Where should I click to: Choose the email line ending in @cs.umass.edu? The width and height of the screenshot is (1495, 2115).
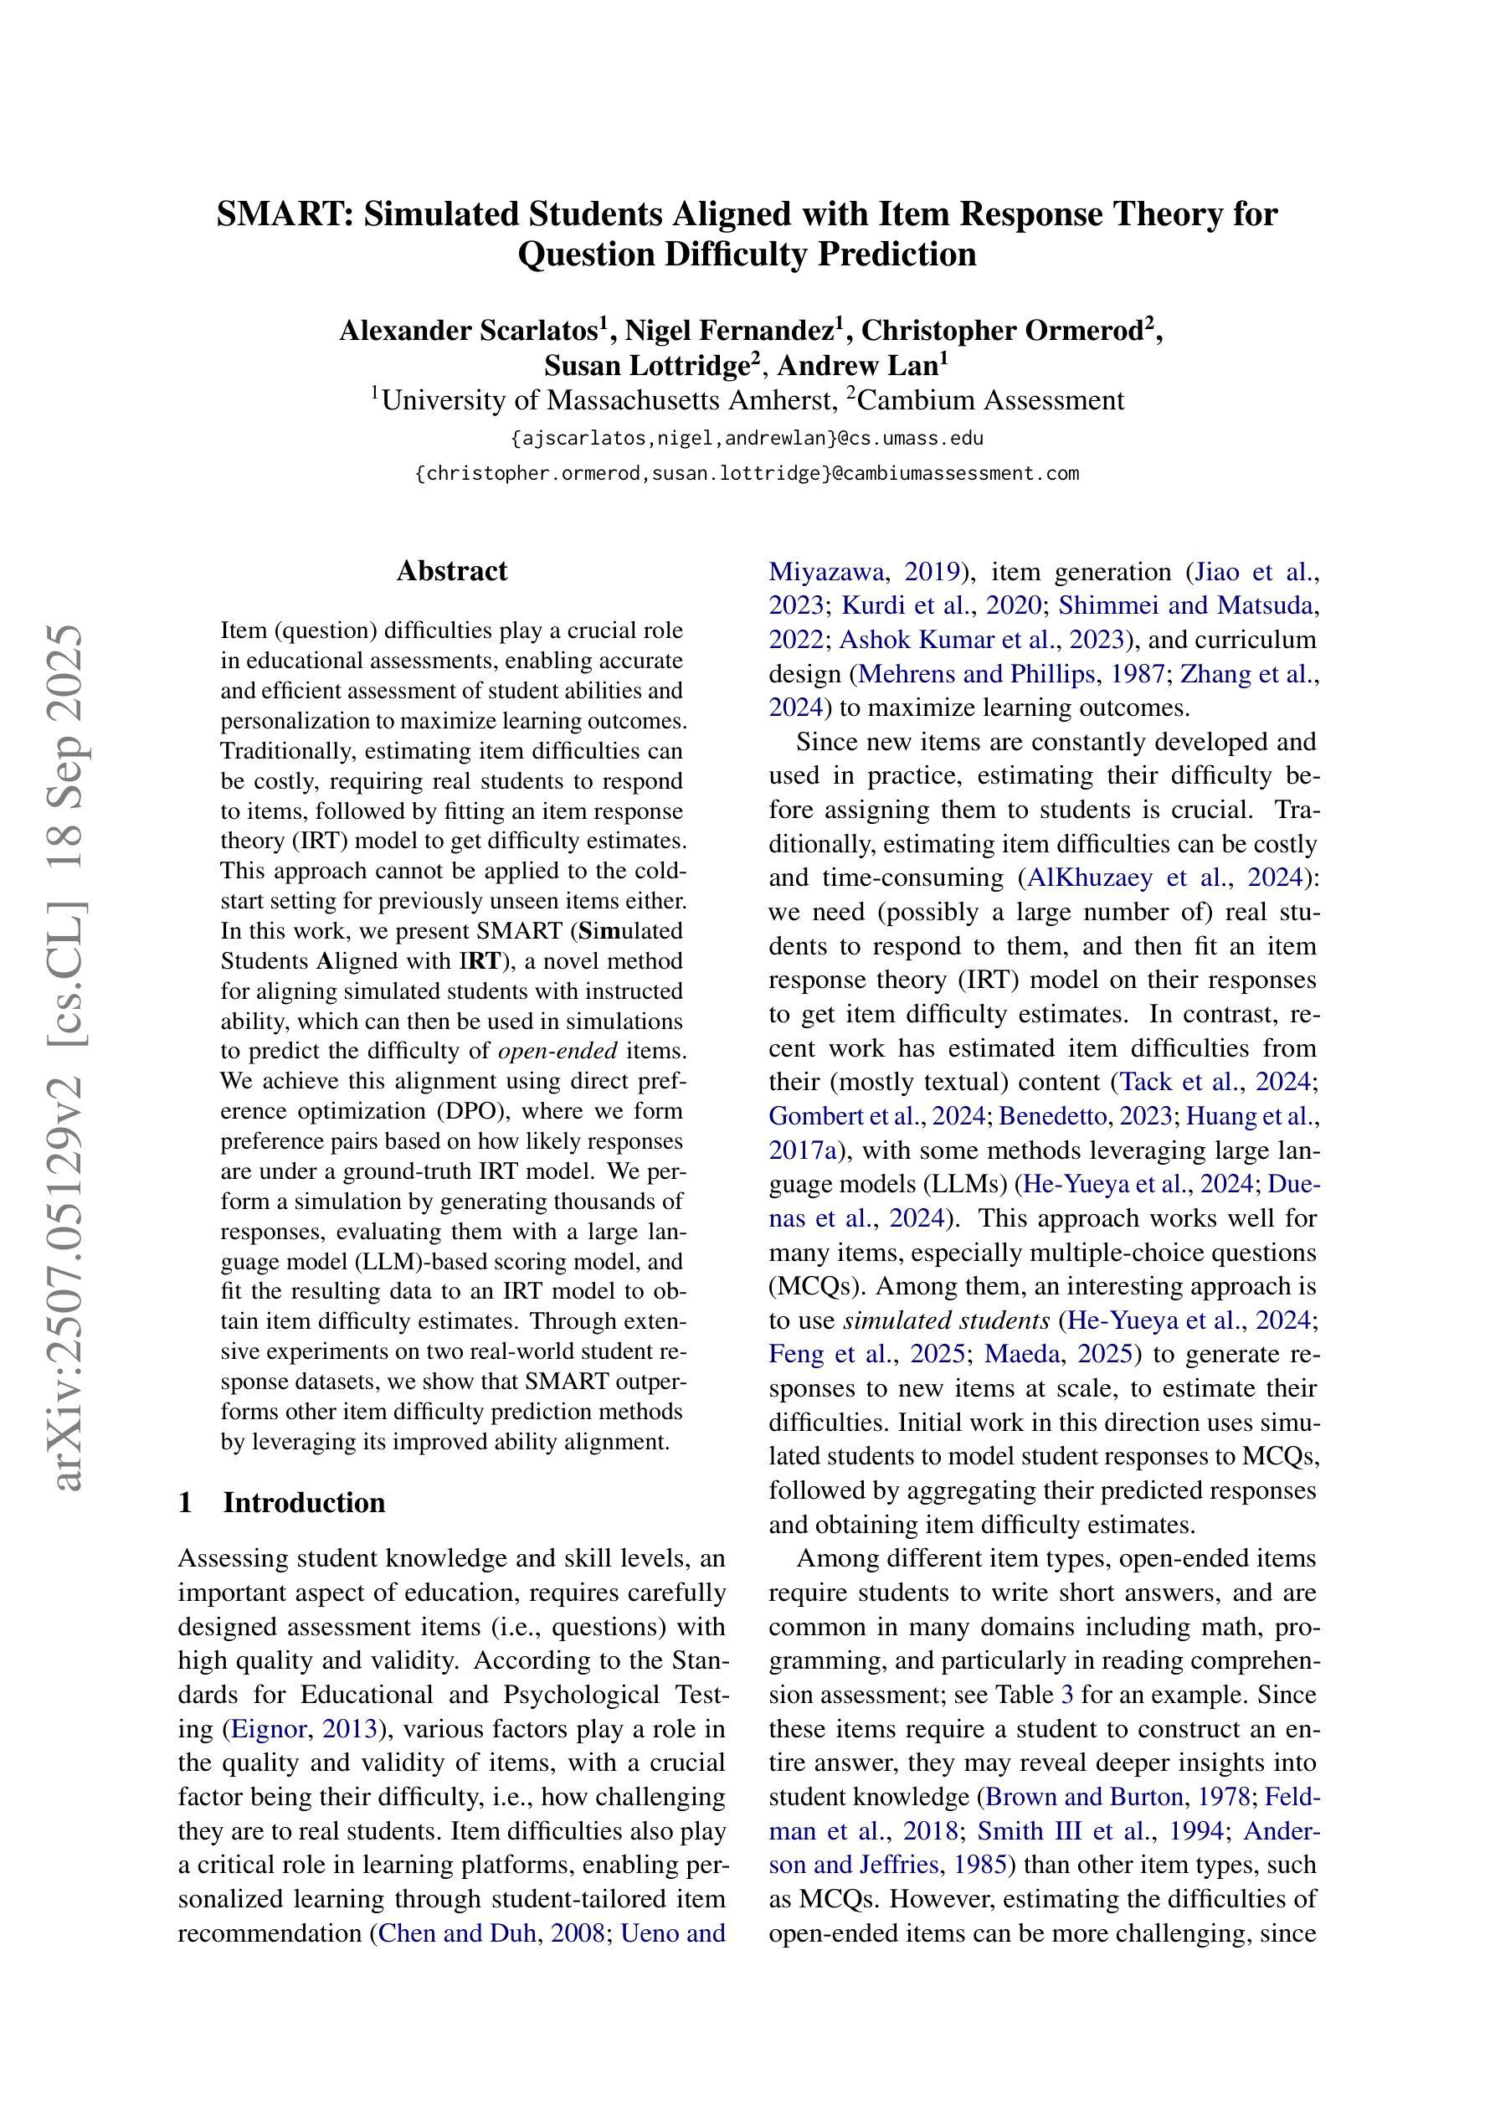[747, 439]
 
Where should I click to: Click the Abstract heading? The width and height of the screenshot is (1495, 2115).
[451, 571]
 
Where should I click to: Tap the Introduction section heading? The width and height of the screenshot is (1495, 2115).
[304, 1502]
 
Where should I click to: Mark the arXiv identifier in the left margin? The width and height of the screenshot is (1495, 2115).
[69, 1059]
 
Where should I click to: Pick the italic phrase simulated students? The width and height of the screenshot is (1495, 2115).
[946, 1321]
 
